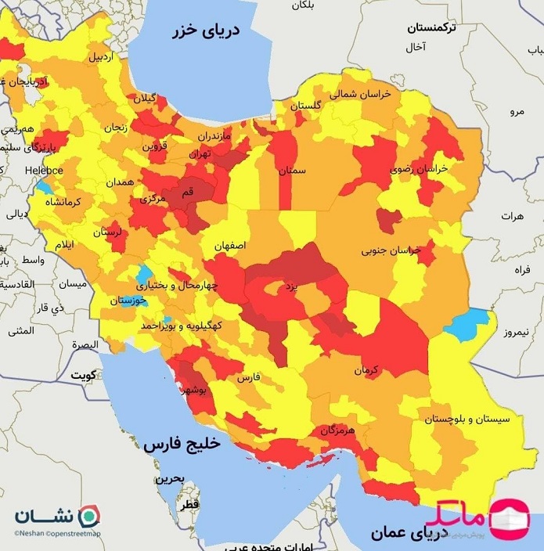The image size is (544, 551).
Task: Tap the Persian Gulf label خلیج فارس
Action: click(x=182, y=444)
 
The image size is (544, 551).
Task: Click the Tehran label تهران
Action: click(x=200, y=154)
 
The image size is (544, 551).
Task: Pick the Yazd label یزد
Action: click(x=290, y=287)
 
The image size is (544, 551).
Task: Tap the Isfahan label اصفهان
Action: click(x=229, y=245)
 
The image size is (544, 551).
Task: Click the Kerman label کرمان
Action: click(x=366, y=369)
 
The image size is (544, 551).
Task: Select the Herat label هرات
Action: click(x=513, y=215)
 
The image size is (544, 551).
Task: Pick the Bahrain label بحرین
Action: click(x=168, y=478)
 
